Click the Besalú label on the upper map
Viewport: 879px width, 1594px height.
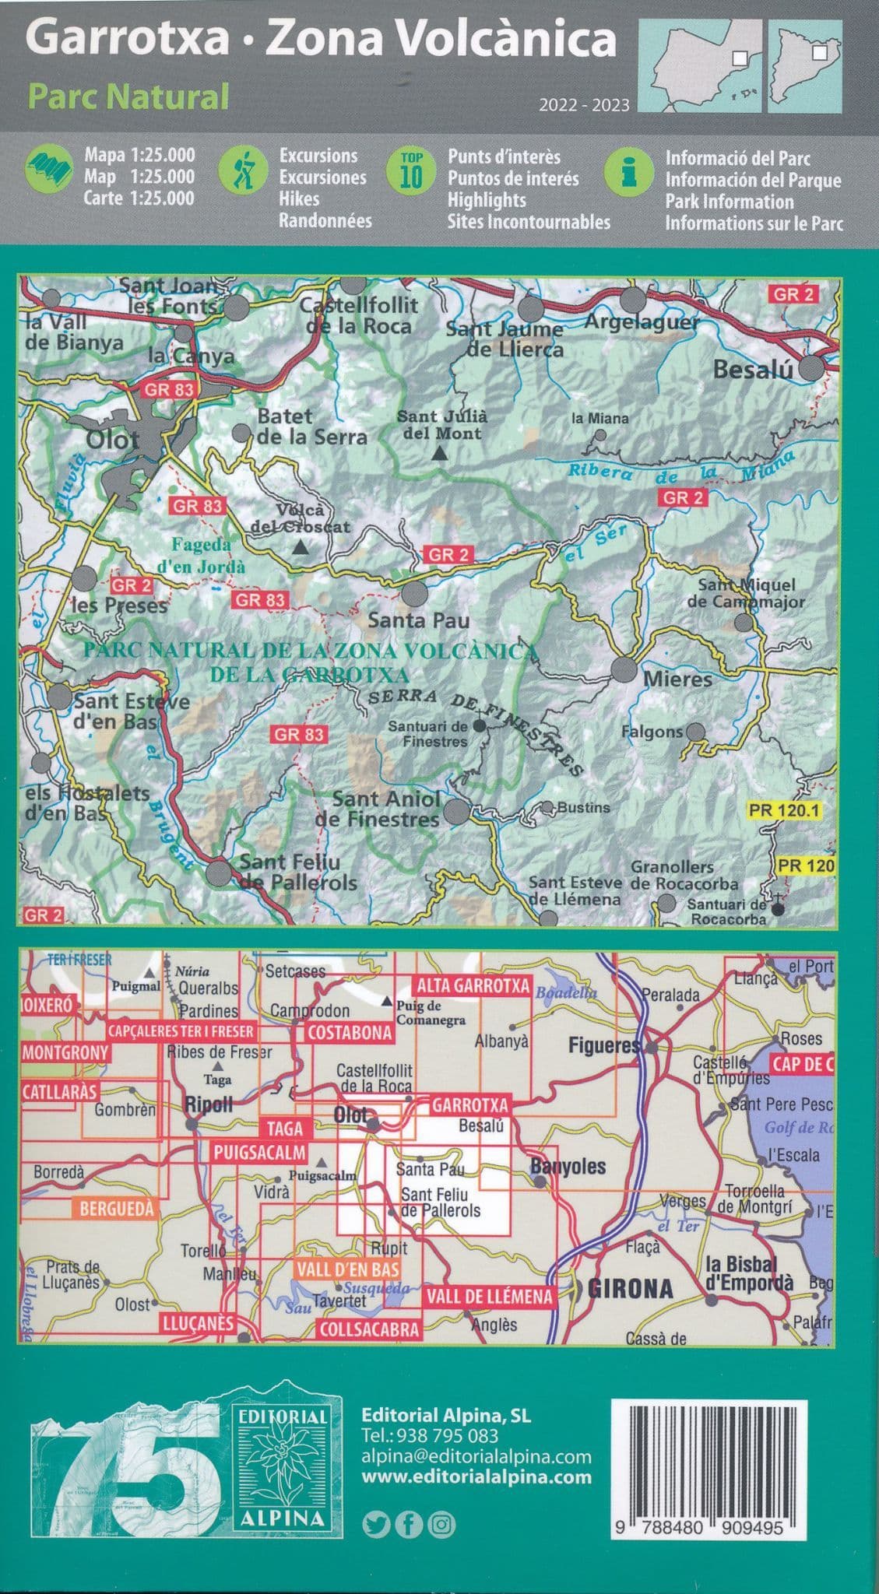tap(752, 369)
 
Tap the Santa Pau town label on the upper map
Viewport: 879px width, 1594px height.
tap(418, 620)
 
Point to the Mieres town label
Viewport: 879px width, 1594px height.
tap(677, 679)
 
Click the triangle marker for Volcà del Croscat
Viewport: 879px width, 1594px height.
tap(301, 548)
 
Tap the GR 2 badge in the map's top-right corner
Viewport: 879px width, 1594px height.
tap(794, 294)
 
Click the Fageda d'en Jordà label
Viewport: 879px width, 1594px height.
tap(202, 555)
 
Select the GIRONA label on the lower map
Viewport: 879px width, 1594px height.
tap(630, 1288)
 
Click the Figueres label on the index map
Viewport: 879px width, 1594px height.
tap(603, 1046)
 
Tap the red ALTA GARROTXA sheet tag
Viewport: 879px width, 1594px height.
tap(473, 985)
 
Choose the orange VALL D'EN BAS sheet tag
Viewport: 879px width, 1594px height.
tap(347, 1269)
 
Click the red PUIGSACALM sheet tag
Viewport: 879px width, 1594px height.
tap(258, 1153)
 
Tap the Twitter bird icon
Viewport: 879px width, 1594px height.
tap(375, 1525)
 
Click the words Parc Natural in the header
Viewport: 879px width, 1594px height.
tap(128, 97)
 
